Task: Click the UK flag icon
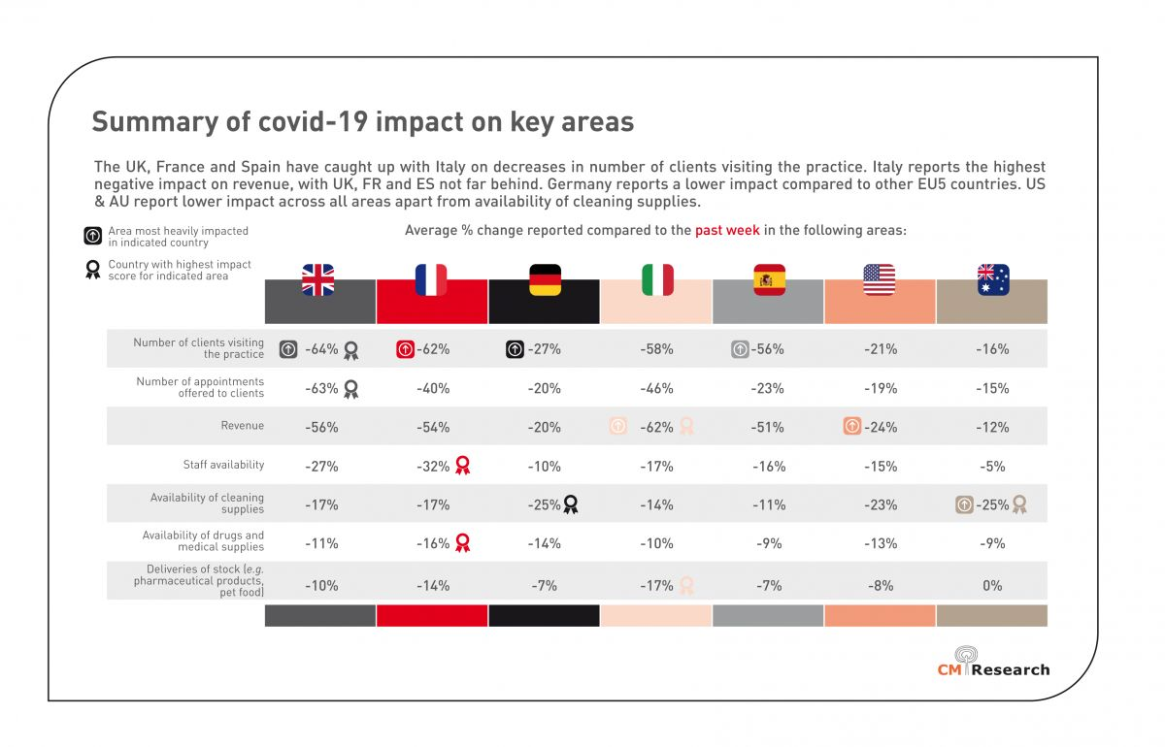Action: pyautogui.click(x=317, y=279)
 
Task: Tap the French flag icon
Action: pyautogui.click(x=431, y=279)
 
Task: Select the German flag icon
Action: pyautogui.click(x=545, y=279)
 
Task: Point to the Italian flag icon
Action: pyautogui.click(x=657, y=279)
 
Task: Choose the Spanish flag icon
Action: pyautogui.click(x=770, y=279)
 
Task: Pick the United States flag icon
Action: pyautogui.click(x=880, y=279)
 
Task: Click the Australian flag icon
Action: pyautogui.click(x=993, y=279)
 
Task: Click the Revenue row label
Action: pyautogui.click(x=242, y=426)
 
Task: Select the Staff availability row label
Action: pyautogui.click(x=223, y=465)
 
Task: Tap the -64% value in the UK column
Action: pyautogui.click(x=320, y=349)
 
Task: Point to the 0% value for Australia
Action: pyautogui.click(x=993, y=585)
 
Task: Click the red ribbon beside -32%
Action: pyautogui.click(x=463, y=466)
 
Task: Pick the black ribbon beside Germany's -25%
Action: pyautogui.click(x=571, y=504)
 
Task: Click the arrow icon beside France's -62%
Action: pyautogui.click(x=407, y=349)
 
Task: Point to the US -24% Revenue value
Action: pyautogui.click(x=882, y=427)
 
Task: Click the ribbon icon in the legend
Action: pyautogui.click(x=92, y=270)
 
